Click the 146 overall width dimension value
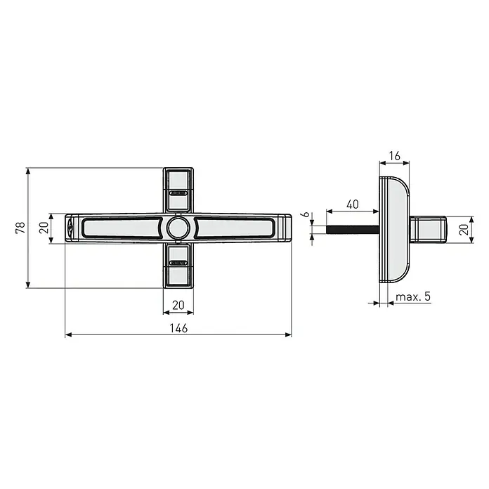pyautogui.click(x=178, y=328)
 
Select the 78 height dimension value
pyautogui.click(x=20, y=228)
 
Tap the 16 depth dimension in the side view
pyautogui.click(x=395, y=155)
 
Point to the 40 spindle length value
pyautogui.click(x=353, y=204)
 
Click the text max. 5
pyautogui.click(x=413, y=296)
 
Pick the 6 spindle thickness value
pyautogui.click(x=306, y=214)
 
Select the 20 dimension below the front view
pyautogui.click(x=178, y=305)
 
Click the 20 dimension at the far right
pyautogui.click(x=464, y=230)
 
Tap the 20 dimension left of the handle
pyautogui.click(x=44, y=228)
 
